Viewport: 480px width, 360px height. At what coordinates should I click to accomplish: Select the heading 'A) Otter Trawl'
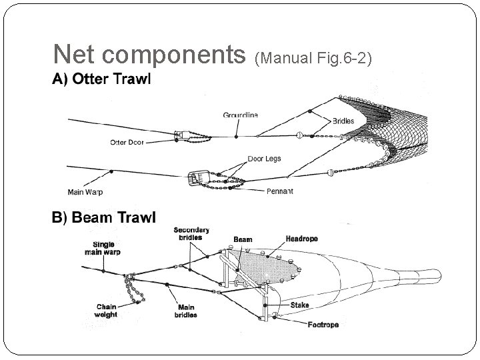pos(102,79)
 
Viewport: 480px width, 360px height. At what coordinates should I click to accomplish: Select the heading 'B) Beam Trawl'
pos(104,217)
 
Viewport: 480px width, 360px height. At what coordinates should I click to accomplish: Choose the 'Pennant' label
pos(279,191)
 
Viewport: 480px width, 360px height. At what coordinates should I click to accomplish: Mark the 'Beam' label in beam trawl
pos(243,239)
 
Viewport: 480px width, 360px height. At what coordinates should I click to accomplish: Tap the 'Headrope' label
pos(301,239)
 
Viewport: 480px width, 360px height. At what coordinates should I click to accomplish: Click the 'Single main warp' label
pos(99,248)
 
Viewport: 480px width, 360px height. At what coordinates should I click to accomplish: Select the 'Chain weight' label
pos(106,311)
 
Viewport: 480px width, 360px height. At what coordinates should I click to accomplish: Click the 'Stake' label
pos(299,305)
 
